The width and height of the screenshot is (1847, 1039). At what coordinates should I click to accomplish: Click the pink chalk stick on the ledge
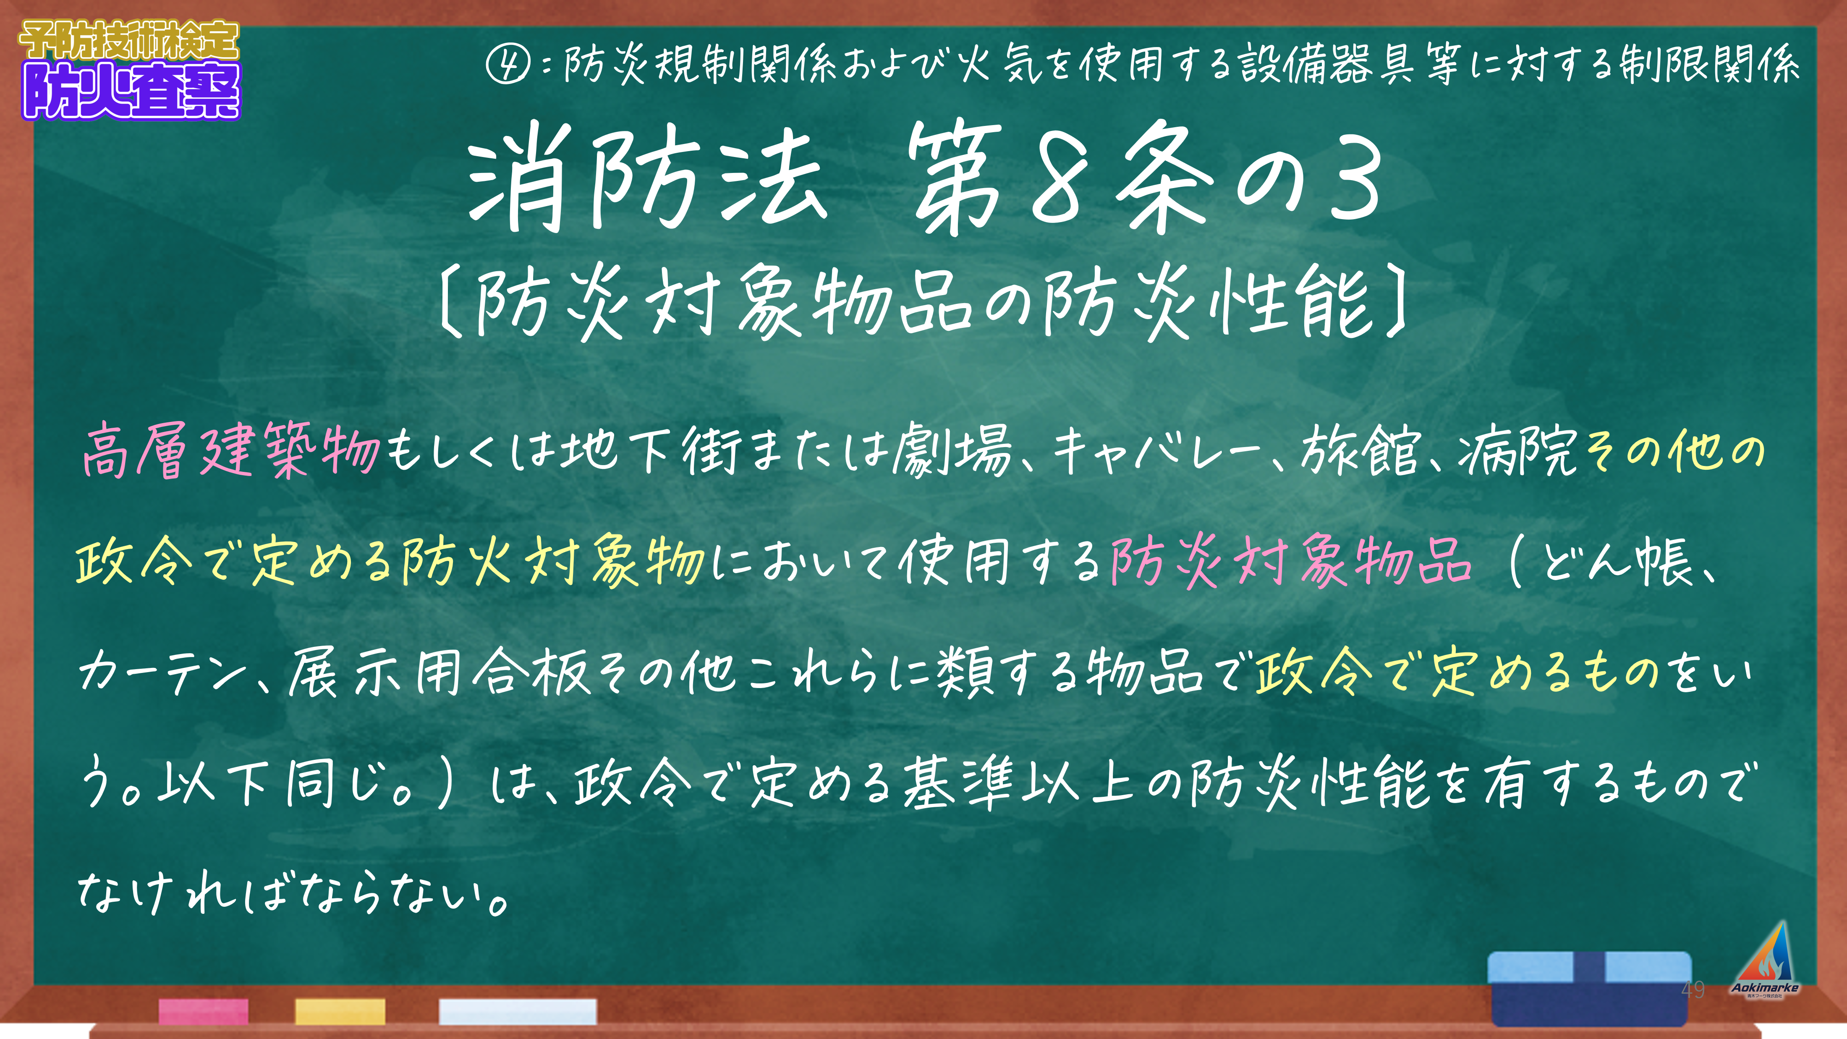[x=204, y=1011]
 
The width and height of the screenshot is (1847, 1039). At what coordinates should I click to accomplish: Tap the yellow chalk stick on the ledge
[x=340, y=1011]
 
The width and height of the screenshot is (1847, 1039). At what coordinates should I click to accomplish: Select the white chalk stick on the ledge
[x=518, y=1011]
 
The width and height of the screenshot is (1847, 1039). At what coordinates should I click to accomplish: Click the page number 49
[x=1693, y=989]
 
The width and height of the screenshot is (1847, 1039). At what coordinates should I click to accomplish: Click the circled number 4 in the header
[x=508, y=65]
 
